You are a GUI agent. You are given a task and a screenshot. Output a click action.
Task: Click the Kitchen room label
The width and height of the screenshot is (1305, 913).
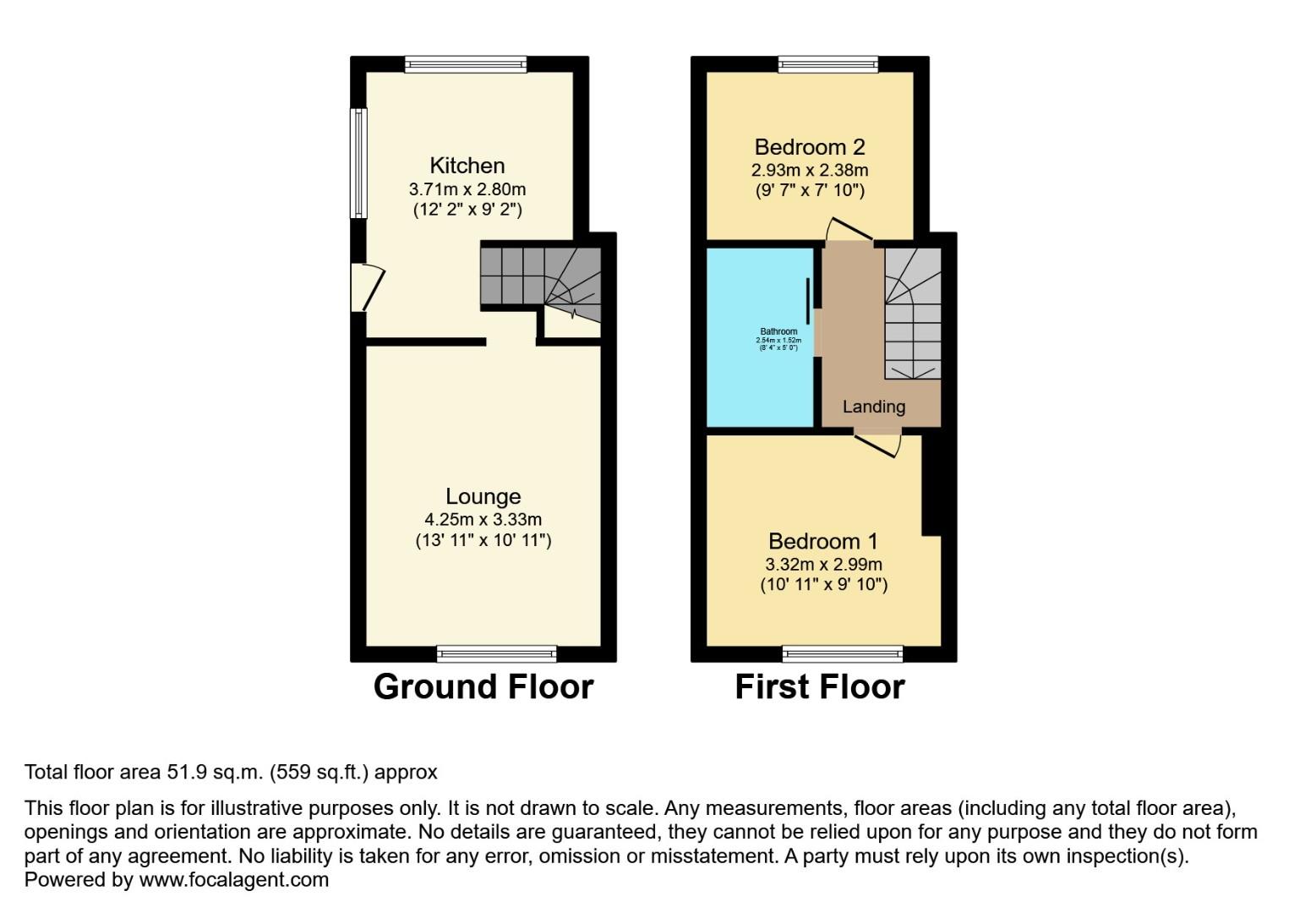(x=467, y=166)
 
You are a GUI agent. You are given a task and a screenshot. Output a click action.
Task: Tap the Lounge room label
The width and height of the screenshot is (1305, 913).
(x=483, y=497)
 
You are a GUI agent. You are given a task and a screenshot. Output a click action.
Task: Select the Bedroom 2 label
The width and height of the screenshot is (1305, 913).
(x=810, y=147)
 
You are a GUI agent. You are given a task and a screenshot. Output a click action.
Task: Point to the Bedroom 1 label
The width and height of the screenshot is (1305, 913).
(x=822, y=541)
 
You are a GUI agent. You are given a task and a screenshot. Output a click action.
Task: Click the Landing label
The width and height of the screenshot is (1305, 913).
(x=873, y=407)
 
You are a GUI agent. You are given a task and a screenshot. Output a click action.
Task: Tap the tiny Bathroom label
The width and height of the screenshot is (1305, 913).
(x=778, y=331)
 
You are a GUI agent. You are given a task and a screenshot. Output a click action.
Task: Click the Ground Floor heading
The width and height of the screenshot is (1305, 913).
(x=483, y=686)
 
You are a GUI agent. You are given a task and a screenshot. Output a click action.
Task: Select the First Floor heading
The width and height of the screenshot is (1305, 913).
(x=819, y=686)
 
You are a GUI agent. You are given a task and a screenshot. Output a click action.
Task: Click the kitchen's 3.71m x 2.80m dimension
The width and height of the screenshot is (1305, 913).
(x=467, y=189)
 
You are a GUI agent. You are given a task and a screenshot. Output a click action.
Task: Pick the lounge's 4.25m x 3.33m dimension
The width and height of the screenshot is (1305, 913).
(x=483, y=520)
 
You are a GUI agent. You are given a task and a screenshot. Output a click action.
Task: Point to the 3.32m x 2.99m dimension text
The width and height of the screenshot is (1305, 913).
(x=823, y=564)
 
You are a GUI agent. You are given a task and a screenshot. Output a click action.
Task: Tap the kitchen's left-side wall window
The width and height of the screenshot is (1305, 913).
(x=359, y=163)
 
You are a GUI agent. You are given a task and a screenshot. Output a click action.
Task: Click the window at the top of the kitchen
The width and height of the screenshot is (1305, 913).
(x=465, y=64)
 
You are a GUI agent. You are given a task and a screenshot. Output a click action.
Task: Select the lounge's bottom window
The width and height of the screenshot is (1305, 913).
(x=497, y=653)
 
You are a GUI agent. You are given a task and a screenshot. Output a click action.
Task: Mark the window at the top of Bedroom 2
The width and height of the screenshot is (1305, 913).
(x=827, y=64)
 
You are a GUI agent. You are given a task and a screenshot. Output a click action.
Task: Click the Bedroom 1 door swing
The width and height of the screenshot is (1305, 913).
(x=879, y=442)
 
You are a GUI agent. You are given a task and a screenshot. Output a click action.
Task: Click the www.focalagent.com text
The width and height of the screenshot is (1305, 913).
(x=233, y=879)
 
